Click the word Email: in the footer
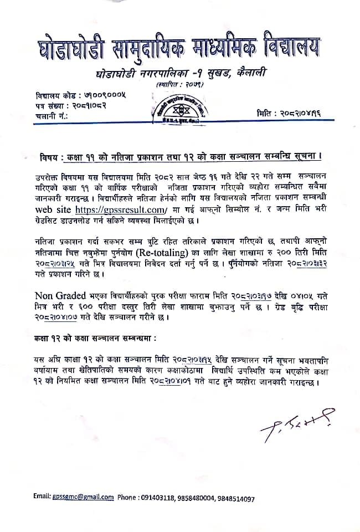point(42,497)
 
